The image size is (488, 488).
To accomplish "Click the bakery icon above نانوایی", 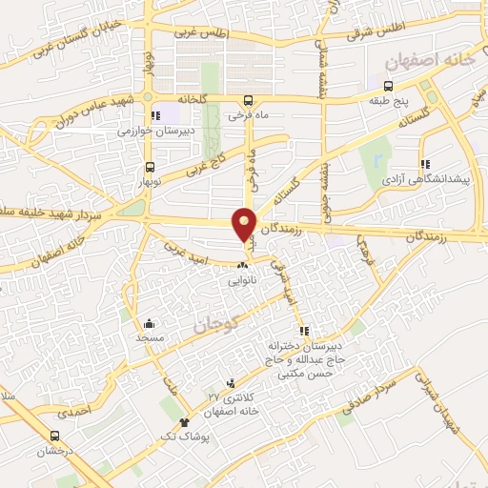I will [241, 266].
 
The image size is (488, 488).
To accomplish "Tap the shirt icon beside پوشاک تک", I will [184, 422].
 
